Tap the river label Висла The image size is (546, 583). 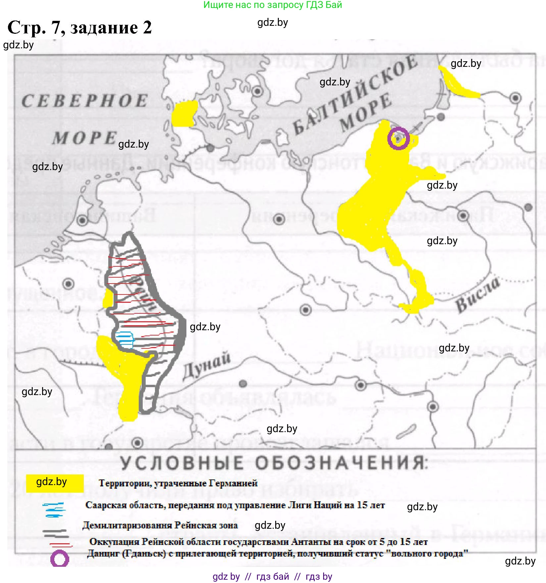point(477,295)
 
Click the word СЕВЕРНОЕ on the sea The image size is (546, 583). point(85,101)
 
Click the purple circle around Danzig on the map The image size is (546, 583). point(398,138)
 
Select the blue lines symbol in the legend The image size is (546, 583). point(54,510)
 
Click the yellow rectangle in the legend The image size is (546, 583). point(55,483)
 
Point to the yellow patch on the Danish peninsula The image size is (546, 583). point(184,113)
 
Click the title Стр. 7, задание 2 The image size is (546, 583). point(79,27)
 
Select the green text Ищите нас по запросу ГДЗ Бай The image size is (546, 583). point(273,5)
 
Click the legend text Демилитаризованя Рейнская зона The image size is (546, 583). point(160,525)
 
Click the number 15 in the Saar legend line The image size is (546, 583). point(362,505)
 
